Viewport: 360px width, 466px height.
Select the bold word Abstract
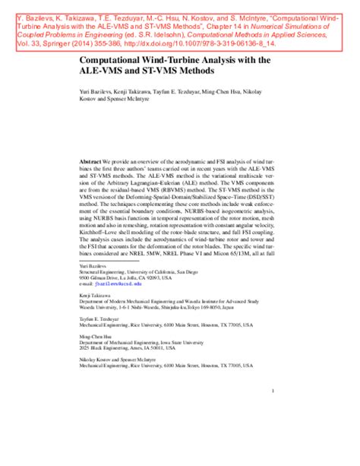(91, 162)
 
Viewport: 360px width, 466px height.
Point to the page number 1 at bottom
(271, 390)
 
